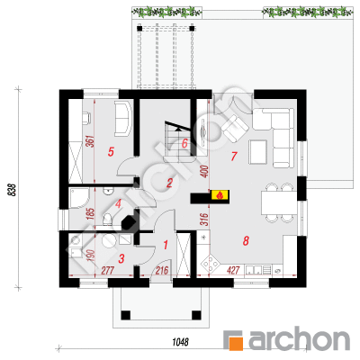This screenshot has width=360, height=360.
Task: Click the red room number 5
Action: pyautogui.click(x=111, y=152)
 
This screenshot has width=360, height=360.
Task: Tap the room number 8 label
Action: pyautogui.click(x=246, y=240)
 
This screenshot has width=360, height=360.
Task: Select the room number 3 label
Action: pyautogui.click(x=121, y=258)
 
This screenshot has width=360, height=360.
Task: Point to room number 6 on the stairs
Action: pyautogui.click(x=184, y=143)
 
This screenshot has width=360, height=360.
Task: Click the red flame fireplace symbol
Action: pyautogui.click(x=220, y=195)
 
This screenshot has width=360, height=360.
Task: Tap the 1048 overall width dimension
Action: pyautogui.click(x=180, y=342)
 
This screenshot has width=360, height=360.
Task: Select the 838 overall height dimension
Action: pyautogui.click(x=12, y=190)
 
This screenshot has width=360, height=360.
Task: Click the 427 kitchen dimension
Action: pyautogui.click(x=233, y=270)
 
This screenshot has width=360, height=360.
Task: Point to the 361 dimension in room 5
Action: pyautogui.click(x=90, y=141)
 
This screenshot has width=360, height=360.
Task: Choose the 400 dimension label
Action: pyautogui.click(x=204, y=172)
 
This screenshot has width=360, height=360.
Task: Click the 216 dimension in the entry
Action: pyautogui.click(x=162, y=270)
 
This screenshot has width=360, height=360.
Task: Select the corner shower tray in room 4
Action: pyautogui.click(x=79, y=199)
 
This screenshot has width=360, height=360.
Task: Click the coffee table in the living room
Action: pyautogui.click(x=257, y=152)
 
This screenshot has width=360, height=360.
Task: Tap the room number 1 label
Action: pyautogui.click(x=166, y=245)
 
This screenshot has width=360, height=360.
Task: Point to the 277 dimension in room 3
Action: pyautogui.click(x=107, y=270)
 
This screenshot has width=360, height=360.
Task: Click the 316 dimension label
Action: pyautogui.click(x=204, y=220)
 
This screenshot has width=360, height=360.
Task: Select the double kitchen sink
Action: pyautogui.click(x=254, y=270)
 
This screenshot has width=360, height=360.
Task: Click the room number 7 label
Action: pyautogui.click(x=234, y=156)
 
